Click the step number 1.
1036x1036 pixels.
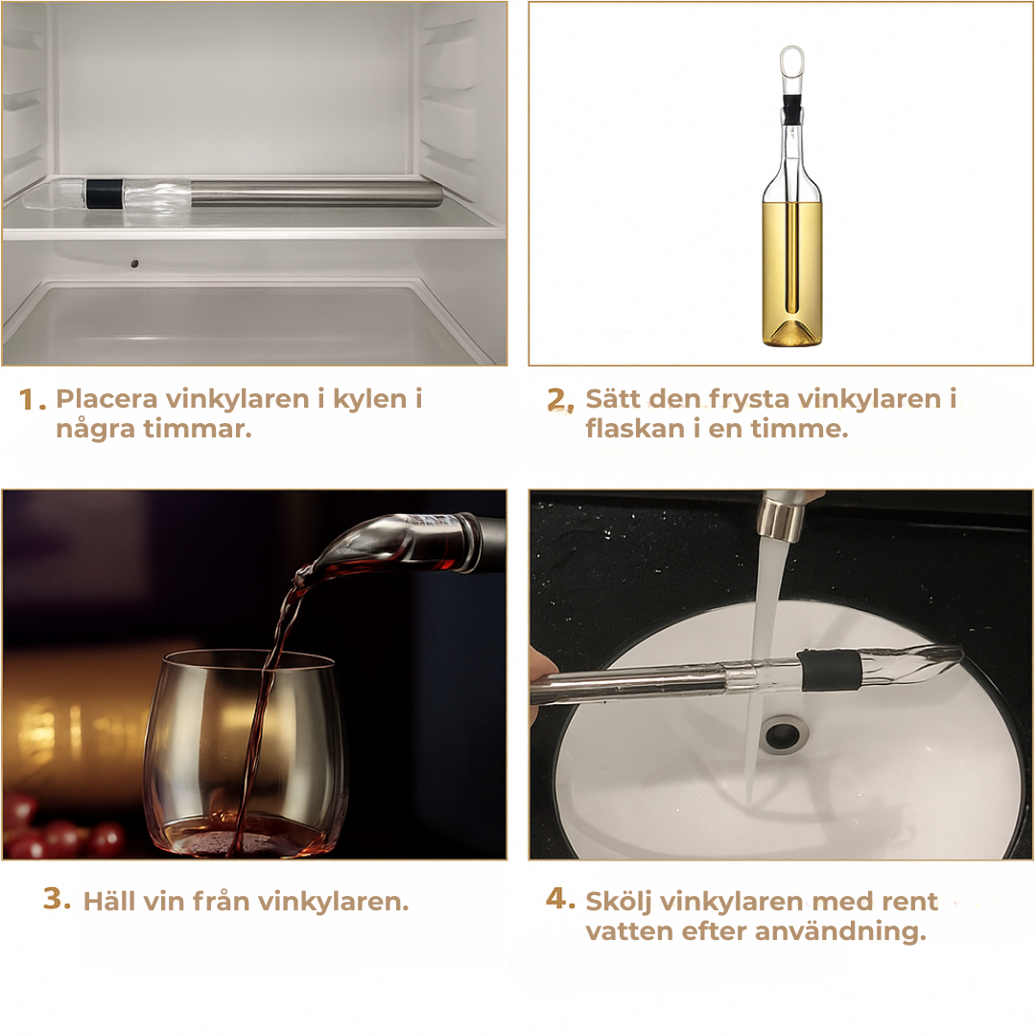(x=32, y=401)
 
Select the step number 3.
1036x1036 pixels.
(x=57, y=900)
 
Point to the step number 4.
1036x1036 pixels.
(x=560, y=899)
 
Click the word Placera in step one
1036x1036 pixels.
(x=107, y=399)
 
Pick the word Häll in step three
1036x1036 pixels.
(x=108, y=902)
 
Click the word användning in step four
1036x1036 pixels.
(x=840, y=931)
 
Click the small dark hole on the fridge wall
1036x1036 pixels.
(x=133, y=262)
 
